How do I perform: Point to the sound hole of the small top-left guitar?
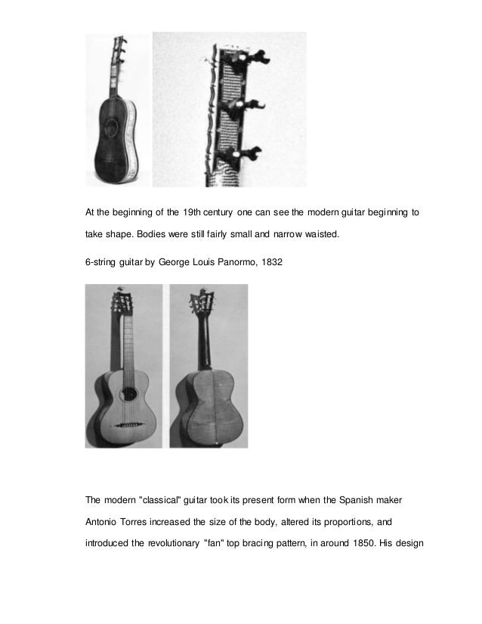coord(112,125)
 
